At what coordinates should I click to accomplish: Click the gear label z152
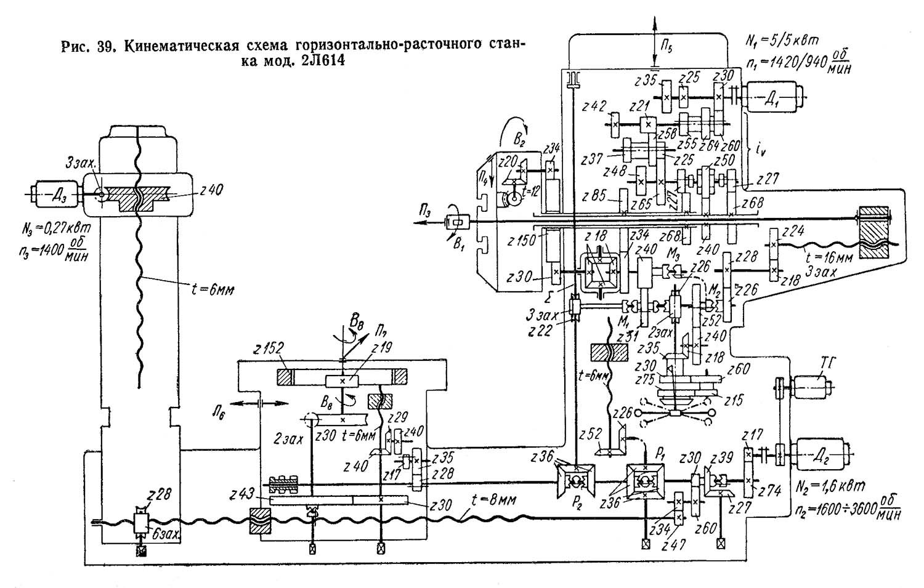pyautogui.click(x=264, y=348)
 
